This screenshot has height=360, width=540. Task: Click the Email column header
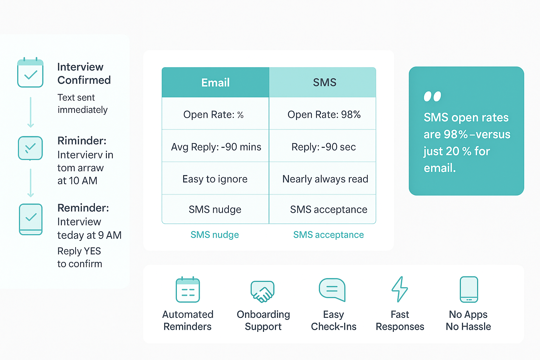(x=215, y=83)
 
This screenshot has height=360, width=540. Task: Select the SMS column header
(x=324, y=83)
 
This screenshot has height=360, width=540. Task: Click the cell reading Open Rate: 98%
(x=324, y=115)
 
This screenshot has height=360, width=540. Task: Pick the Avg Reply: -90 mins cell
(x=216, y=147)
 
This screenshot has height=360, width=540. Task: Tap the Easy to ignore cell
(x=215, y=179)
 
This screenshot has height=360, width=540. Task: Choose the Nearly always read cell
(x=325, y=179)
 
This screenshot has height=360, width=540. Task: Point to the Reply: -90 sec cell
(x=323, y=147)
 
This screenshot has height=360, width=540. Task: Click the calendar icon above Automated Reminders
(x=188, y=290)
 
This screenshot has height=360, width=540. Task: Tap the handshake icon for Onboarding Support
(x=263, y=291)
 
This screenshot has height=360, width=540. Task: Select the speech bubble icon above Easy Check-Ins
(x=332, y=290)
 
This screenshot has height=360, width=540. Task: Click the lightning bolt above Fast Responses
(x=400, y=289)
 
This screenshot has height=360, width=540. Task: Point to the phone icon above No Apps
(x=469, y=289)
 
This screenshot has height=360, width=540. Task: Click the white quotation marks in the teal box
(x=432, y=96)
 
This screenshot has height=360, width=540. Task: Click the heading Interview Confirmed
(x=84, y=73)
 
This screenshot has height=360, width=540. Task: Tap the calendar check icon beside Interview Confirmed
(x=31, y=73)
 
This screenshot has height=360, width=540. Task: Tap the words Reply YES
(x=79, y=251)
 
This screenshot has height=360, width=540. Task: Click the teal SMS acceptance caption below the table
(x=328, y=235)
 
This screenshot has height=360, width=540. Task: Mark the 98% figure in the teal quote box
(x=456, y=134)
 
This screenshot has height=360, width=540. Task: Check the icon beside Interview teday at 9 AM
(x=31, y=219)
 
